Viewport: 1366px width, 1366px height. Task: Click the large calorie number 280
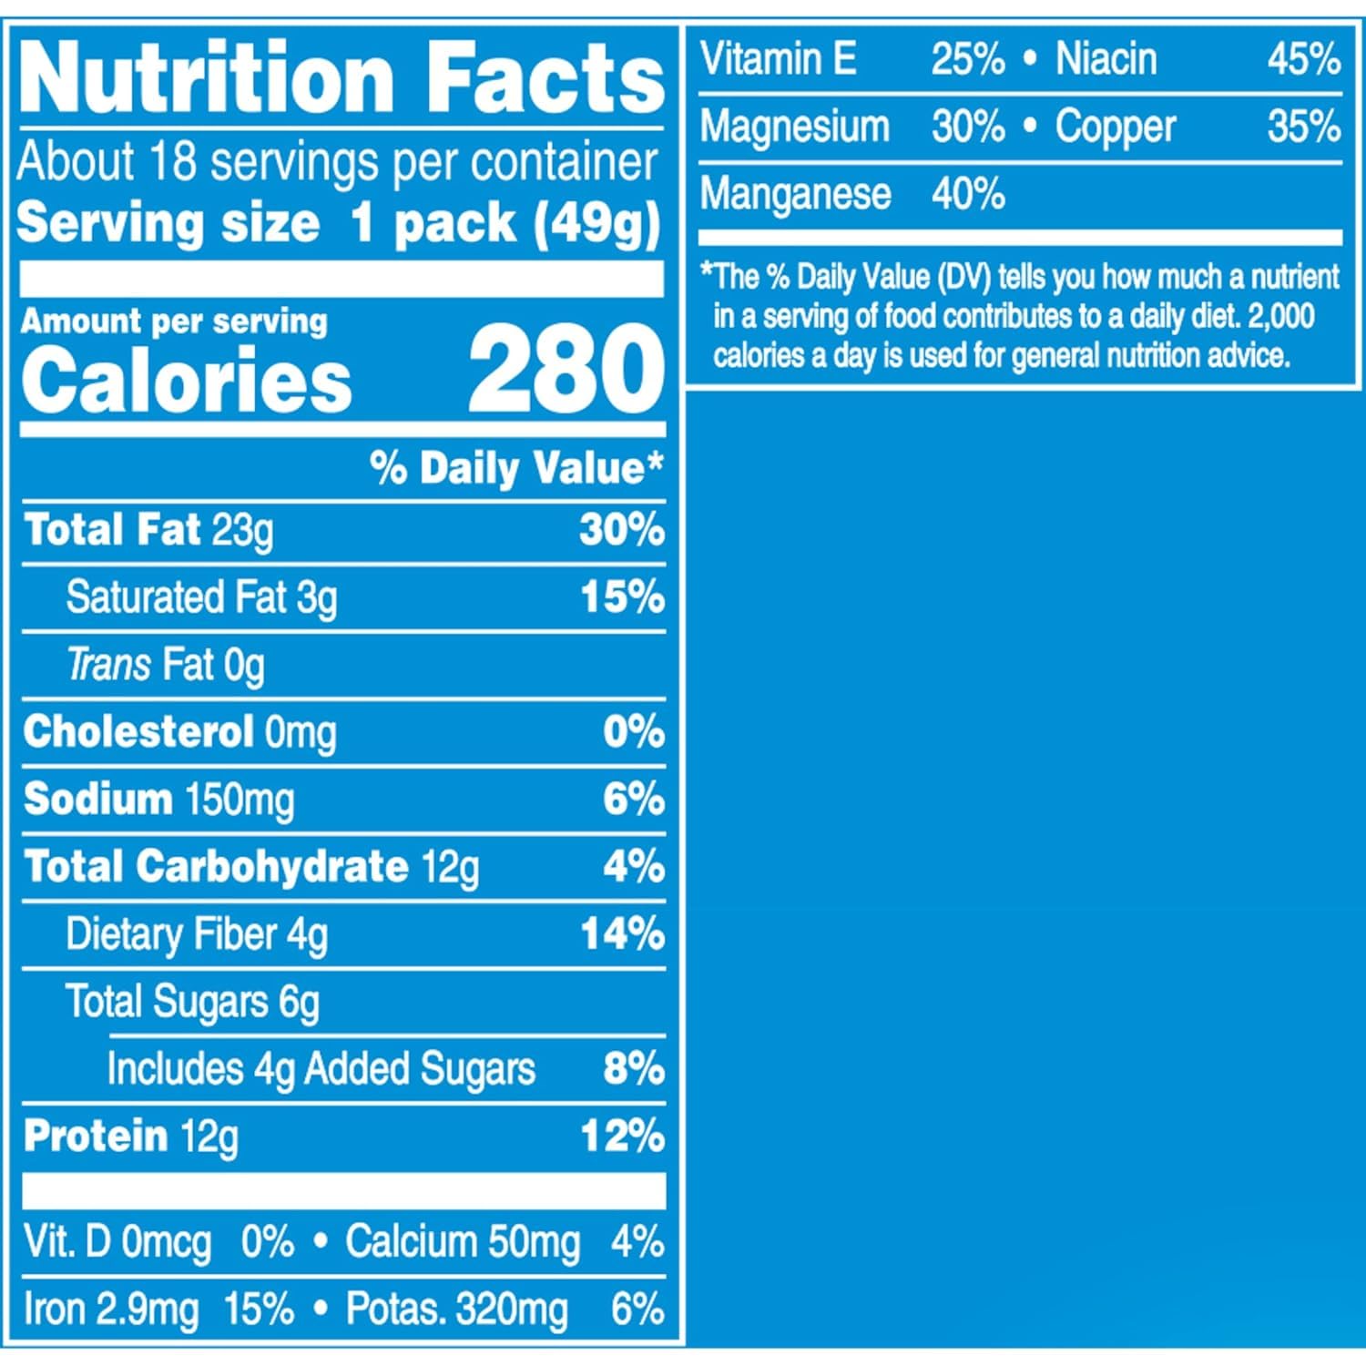pyautogui.click(x=566, y=372)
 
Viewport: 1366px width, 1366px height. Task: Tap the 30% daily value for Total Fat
pyautogui.click(x=622, y=530)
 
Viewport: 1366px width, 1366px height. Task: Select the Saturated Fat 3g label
pyautogui.click(x=201, y=598)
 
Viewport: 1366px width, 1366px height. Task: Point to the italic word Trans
pyautogui.click(x=108, y=665)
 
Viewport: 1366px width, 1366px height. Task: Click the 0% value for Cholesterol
pyautogui.click(x=633, y=732)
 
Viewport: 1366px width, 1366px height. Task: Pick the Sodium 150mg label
pyautogui.click(x=159, y=800)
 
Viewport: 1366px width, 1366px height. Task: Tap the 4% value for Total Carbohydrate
pyautogui.click(x=633, y=867)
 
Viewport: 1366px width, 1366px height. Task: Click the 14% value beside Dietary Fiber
pyautogui.click(x=622, y=934)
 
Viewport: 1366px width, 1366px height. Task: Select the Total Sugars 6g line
pyautogui.click(x=192, y=1002)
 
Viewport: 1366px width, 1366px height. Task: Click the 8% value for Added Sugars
pyautogui.click(x=633, y=1069)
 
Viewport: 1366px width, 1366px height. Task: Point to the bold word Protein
pyautogui.click(x=96, y=1136)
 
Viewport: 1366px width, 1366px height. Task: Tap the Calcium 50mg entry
pyautogui.click(x=462, y=1242)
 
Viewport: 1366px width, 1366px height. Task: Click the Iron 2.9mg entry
pyautogui.click(x=110, y=1310)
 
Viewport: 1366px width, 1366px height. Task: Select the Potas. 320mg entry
pyautogui.click(x=456, y=1310)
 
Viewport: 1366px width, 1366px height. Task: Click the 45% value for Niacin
pyautogui.click(x=1303, y=60)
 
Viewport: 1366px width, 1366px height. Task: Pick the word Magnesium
pyautogui.click(x=794, y=127)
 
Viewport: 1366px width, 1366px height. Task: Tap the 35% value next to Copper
pyautogui.click(x=1303, y=127)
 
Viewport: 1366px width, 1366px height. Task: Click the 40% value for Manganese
pyautogui.click(x=968, y=194)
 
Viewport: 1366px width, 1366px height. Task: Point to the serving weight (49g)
pyautogui.click(x=596, y=224)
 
